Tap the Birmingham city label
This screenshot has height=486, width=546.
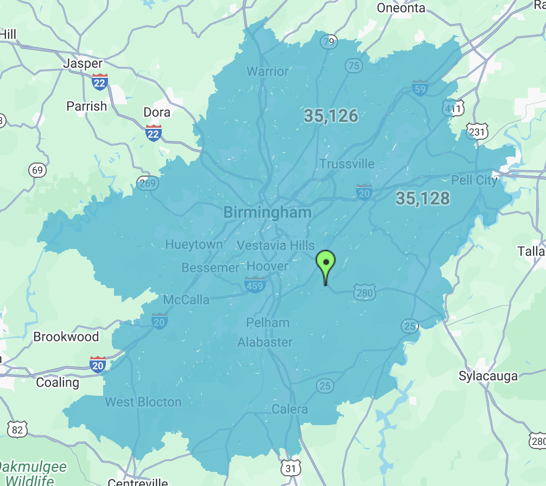[x=268, y=213]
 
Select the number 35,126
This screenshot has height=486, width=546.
[x=331, y=115]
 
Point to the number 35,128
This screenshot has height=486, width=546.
[x=422, y=198]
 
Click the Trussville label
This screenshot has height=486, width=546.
[x=347, y=164]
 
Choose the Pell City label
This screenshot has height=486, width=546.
[x=474, y=180]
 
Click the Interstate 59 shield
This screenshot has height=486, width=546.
[x=420, y=88]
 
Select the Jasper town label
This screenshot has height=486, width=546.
[x=83, y=63]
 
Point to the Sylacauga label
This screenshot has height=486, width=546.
[x=488, y=376]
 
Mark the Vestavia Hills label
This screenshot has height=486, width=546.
[x=276, y=246]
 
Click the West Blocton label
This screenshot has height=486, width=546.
[x=143, y=402]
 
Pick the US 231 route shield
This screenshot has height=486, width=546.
[x=477, y=131]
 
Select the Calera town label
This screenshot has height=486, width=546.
[x=290, y=409]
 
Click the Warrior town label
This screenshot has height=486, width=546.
[x=268, y=71]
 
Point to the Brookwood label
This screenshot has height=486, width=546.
[x=66, y=337]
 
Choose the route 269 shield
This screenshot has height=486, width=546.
[x=148, y=183]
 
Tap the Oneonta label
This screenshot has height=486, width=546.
[x=401, y=8]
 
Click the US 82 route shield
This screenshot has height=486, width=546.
[x=17, y=429]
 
